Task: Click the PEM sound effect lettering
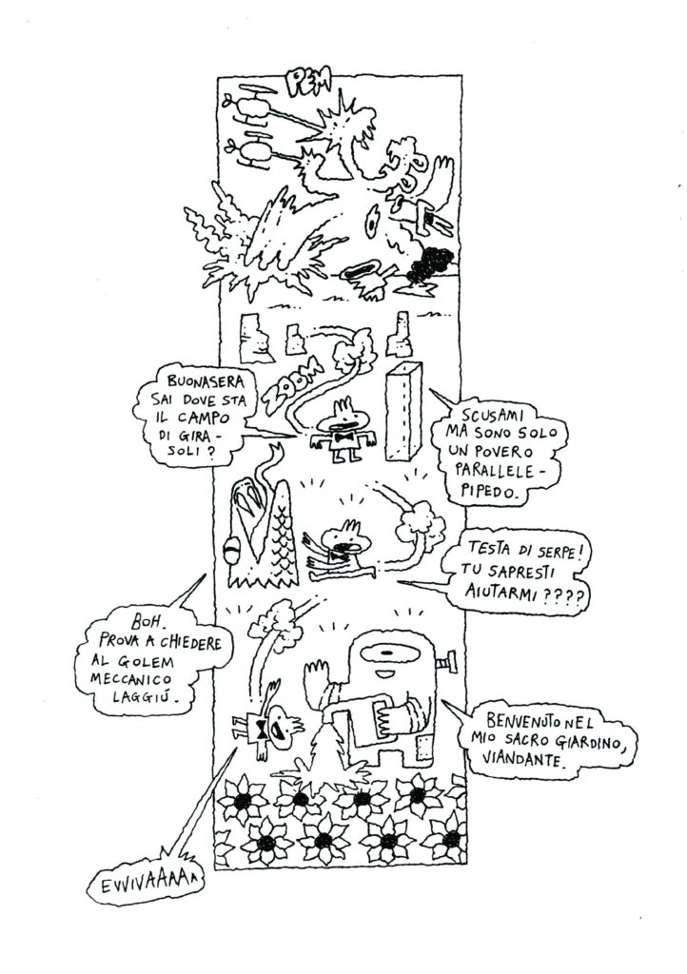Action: tap(310, 82)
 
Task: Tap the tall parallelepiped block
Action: tap(403, 412)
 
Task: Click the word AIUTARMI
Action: tap(502, 592)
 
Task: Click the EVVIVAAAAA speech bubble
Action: tap(145, 884)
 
